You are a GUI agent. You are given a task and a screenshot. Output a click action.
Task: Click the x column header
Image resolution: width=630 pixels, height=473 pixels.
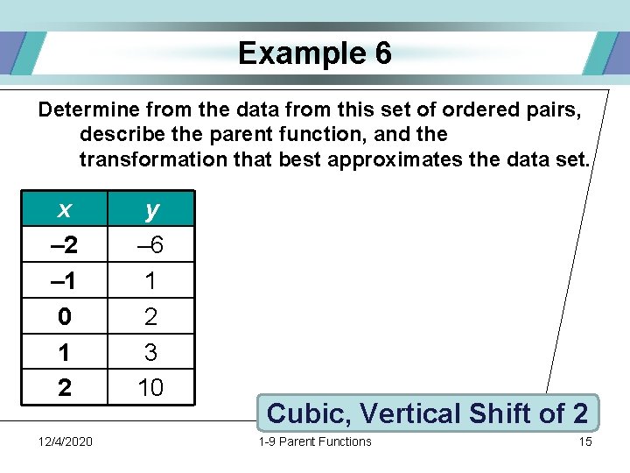(x=64, y=209)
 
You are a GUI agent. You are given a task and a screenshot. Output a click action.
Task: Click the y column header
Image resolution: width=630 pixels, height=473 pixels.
(x=151, y=209)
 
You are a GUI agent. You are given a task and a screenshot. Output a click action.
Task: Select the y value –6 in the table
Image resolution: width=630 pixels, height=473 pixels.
(x=151, y=245)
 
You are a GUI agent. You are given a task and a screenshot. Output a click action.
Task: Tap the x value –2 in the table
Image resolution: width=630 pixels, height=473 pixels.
(x=64, y=245)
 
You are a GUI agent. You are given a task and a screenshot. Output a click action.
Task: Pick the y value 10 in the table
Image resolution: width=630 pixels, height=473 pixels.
(x=151, y=387)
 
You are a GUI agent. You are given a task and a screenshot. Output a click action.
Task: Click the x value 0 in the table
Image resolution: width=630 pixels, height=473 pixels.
(x=64, y=316)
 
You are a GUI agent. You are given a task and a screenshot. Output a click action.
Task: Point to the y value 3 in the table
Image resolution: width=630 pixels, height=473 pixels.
(x=151, y=352)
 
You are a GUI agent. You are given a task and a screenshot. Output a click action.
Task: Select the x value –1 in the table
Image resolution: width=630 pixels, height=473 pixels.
(x=64, y=281)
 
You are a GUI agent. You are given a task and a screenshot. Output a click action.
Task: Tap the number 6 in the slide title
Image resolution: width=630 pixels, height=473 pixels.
(x=382, y=54)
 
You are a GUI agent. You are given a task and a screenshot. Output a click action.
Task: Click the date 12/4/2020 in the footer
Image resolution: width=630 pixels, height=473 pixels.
(x=66, y=441)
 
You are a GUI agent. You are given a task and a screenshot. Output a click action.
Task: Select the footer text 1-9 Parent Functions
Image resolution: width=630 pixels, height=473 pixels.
(x=315, y=441)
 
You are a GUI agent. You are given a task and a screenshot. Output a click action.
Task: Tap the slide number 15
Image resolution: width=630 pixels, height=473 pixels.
(x=585, y=441)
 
